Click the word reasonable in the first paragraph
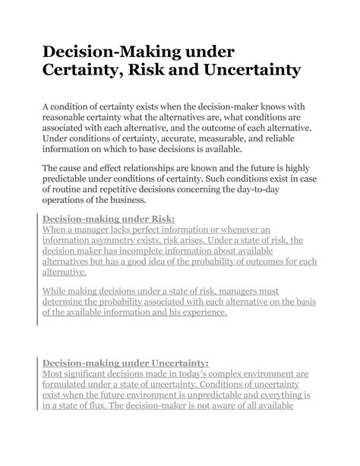coord(71,119)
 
